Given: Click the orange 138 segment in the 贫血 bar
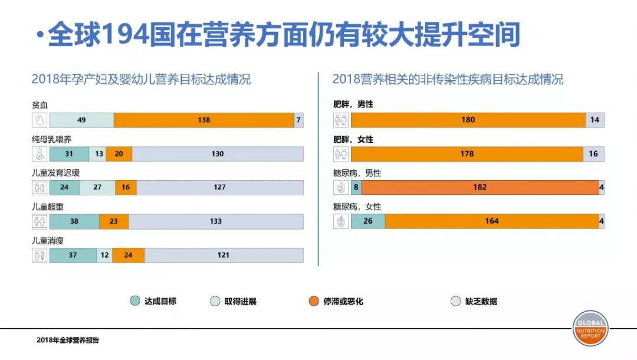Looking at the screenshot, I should [x=203, y=120].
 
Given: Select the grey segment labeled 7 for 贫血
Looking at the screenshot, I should [x=298, y=120].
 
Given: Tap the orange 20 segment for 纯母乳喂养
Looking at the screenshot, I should [x=119, y=154].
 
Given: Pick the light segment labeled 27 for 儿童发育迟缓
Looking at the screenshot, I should [x=97, y=188].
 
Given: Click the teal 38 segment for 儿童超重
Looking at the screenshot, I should [x=74, y=221].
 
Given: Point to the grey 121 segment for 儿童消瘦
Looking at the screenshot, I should [x=224, y=255].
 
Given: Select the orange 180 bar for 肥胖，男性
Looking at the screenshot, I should [x=468, y=120].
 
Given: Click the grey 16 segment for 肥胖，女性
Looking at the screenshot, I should [x=593, y=154].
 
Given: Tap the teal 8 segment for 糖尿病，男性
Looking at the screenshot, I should [x=356, y=188].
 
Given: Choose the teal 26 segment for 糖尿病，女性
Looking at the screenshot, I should [x=367, y=221].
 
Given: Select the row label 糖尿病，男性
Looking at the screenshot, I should [x=357, y=173].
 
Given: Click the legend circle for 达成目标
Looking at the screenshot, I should [x=135, y=301].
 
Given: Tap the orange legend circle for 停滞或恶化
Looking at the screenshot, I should [x=314, y=301].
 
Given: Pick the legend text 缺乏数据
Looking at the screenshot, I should [x=481, y=301].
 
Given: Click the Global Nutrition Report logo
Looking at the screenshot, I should [x=590, y=328].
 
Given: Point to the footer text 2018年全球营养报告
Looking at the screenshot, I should [x=68, y=340].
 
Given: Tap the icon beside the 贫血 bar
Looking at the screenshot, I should [x=40, y=120].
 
